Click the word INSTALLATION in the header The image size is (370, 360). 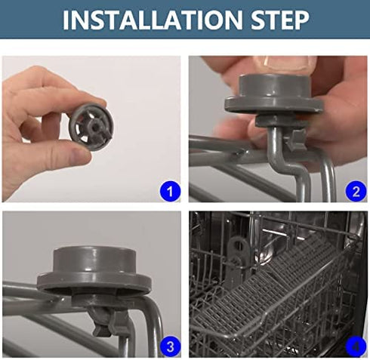pyautogui.click(x=153, y=20)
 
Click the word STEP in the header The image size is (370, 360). pyautogui.click(x=280, y=20)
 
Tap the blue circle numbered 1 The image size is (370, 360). pyautogui.click(x=171, y=191)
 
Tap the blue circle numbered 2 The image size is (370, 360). pyautogui.click(x=356, y=191)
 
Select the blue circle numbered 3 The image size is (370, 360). pyautogui.click(x=171, y=346)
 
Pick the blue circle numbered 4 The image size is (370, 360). pyautogui.click(x=356, y=346)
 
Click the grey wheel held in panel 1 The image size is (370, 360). pyautogui.click(x=91, y=128)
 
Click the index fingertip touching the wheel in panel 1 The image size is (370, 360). pyautogui.click(x=97, y=100)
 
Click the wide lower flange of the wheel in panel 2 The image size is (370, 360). pyautogui.click(x=273, y=104)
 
